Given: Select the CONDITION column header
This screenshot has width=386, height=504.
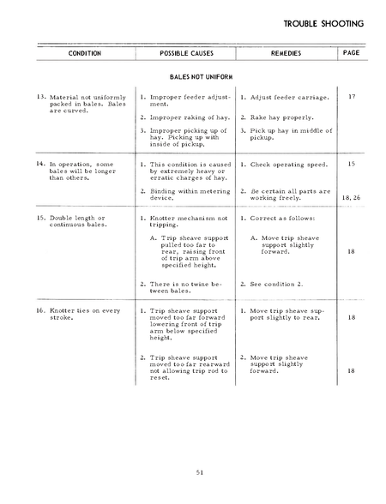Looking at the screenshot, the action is click(84, 53).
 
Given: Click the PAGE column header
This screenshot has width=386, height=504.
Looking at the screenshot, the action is click(351, 52).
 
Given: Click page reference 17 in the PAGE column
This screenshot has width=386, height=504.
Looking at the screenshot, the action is click(352, 97).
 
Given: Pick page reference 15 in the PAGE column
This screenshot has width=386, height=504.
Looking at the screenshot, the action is click(352, 162).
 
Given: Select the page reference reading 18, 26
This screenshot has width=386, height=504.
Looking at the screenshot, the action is click(352, 197).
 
